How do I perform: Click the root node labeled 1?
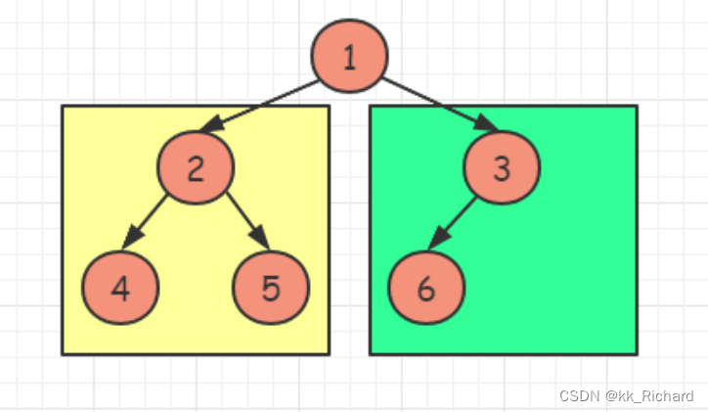coord(349,57)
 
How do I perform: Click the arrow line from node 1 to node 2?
coord(264,107)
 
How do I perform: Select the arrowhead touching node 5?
coord(261,242)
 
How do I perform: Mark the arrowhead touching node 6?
coord(437,243)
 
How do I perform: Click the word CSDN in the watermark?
coord(578,396)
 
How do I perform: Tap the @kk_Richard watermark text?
coord(649,396)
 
